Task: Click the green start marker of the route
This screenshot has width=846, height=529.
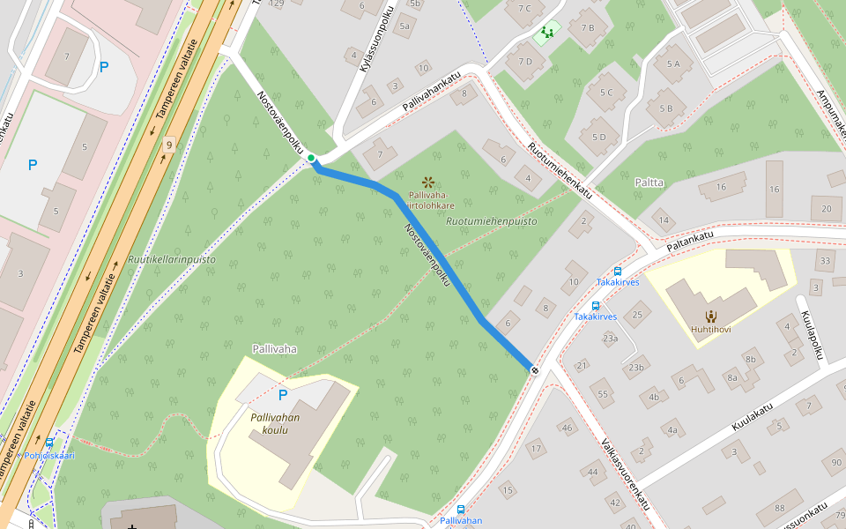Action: pyautogui.click(x=311, y=159)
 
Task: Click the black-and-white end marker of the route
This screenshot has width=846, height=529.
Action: pyautogui.click(x=535, y=369)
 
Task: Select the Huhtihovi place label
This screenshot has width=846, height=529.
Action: pyautogui.click(x=710, y=329)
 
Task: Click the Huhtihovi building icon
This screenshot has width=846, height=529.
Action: pyautogui.click(x=710, y=316)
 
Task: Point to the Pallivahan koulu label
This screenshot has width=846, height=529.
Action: pyautogui.click(x=275, y=423)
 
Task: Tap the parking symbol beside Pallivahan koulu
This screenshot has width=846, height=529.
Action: pyautogui.click(x=283, y=395)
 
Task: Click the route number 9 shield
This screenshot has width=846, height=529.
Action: pyautogui.click(x=167, y=145)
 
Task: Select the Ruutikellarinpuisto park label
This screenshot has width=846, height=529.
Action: pyautogui.click(x=172, y=260)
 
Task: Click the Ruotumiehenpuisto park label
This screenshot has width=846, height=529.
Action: pyautogui.click(x=491, y=221)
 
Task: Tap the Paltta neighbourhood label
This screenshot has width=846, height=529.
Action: pyautogui.click(x=649, y=183)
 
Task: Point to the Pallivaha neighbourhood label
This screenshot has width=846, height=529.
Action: pyautogui.click(x=274, y=349)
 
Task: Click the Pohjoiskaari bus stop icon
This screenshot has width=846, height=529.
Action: pyautogui.click(x=49, y=443)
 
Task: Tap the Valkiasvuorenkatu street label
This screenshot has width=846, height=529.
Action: pyautogui.click(x=625, y=474)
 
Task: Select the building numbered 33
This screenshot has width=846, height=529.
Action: pyautogui.click(x=824, y=261)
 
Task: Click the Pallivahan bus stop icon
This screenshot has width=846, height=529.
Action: pyautogui.click(x=461, y=510)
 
